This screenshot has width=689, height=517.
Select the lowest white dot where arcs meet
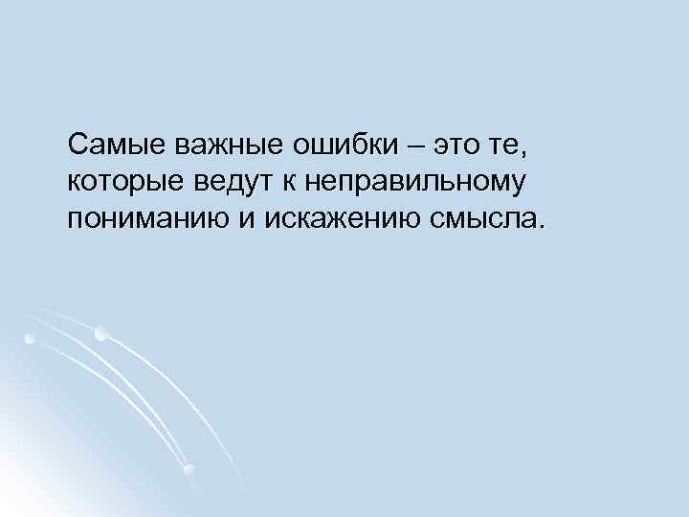tap(189, 468)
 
